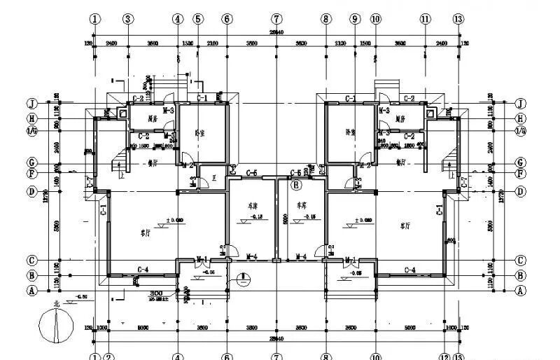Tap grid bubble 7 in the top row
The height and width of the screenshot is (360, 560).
tap(277, 19)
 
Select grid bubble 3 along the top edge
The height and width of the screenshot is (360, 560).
tap(128, 19)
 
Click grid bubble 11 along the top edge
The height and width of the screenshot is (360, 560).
tap(425, 19)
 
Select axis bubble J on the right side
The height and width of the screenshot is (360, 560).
tap(521, 104)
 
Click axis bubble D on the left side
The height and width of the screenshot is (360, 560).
tap(31, 191)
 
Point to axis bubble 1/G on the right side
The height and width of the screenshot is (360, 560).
tap(521, 131)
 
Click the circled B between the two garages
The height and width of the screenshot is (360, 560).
tap(296, 186)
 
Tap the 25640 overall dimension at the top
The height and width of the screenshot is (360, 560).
tap(278, 33)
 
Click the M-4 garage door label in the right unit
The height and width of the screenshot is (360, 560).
tap(302, 256)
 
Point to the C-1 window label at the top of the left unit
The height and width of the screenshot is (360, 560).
tap(202, 98)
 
